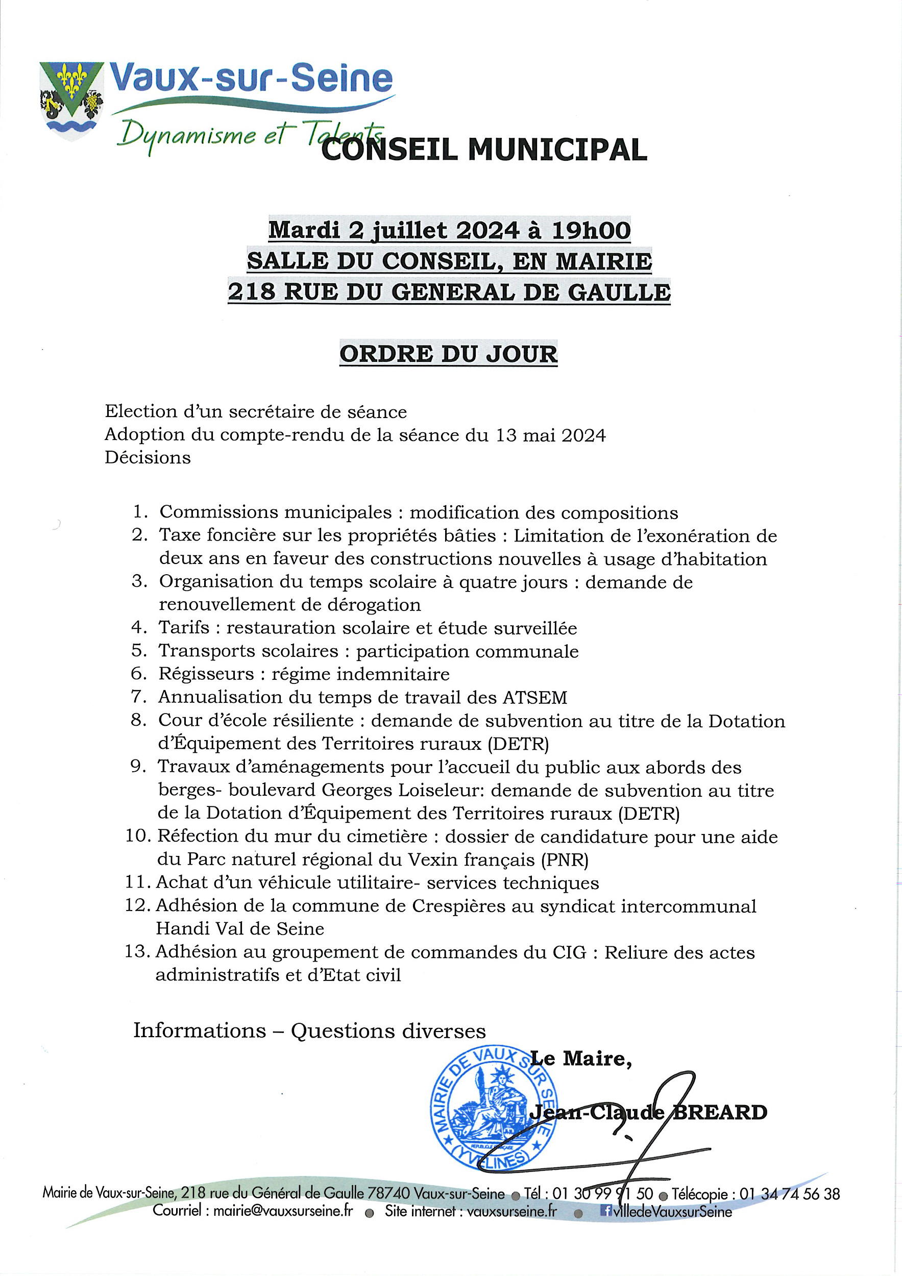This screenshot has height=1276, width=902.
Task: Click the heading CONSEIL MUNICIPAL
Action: (x=484, y=149)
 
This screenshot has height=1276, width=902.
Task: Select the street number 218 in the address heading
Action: (x=251, y=292)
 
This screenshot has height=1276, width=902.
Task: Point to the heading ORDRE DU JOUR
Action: (x=448, y=354)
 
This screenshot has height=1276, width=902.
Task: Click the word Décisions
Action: (x=148, y=457)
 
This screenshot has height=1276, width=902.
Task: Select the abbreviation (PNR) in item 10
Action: (x=564, y=860)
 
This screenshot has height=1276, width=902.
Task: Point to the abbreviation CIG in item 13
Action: (x=569, y=952)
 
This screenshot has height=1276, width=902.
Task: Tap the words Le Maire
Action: (x=581, y=1059)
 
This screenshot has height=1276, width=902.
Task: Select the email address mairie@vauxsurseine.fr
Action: (x=283, y=1211)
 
